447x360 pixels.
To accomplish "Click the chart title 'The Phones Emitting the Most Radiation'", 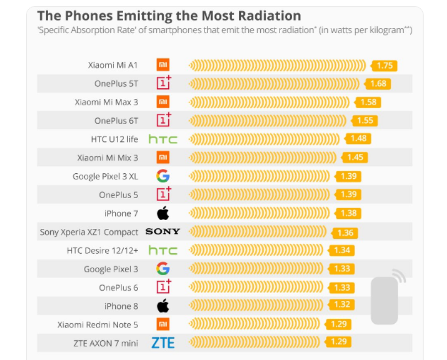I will (169, 16).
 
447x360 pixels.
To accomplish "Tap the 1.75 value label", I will (385, 66).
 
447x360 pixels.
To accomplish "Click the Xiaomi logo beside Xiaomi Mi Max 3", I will (163, 102).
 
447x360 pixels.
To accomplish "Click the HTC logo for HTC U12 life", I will (163, 139).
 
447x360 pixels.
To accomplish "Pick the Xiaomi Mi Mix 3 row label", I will (108, 158).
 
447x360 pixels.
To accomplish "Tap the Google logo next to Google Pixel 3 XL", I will (163, 176).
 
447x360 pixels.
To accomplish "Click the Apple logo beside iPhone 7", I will (163, 214).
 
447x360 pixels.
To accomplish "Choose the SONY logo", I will (163, 232).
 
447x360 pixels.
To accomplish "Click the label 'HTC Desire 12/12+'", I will (102, 251).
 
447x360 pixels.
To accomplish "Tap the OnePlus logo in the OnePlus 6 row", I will (163, 287).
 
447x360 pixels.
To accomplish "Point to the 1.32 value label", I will (342, 304).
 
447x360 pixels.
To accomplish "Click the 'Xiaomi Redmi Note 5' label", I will (98, 325).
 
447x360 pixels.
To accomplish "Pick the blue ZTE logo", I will (163, 342).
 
